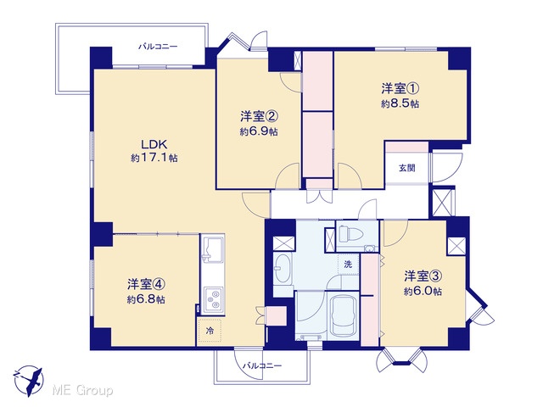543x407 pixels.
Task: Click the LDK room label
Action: coord(154,144)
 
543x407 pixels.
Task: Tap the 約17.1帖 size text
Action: coord(154,159)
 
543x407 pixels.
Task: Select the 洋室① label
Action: coord(400,88)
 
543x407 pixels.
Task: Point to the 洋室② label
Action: coord(260,117)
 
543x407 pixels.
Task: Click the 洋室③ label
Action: coord(423,276)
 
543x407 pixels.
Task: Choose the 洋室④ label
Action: coord(146,285)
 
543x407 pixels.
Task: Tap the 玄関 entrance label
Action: coord(407,169)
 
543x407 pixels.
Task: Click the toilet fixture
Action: coord(350,233)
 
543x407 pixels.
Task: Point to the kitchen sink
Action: coord(212,248)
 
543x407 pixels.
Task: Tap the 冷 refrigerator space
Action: coord(210,331)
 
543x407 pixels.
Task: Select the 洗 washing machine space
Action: coord(348,265)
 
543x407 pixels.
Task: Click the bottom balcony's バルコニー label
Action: coord(262,365)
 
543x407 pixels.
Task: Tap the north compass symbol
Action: coord(28,380)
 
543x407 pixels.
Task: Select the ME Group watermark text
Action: coord(82,391)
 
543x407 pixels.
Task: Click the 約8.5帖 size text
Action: coord(400,103)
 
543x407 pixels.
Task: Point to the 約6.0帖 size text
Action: coord(423,292)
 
